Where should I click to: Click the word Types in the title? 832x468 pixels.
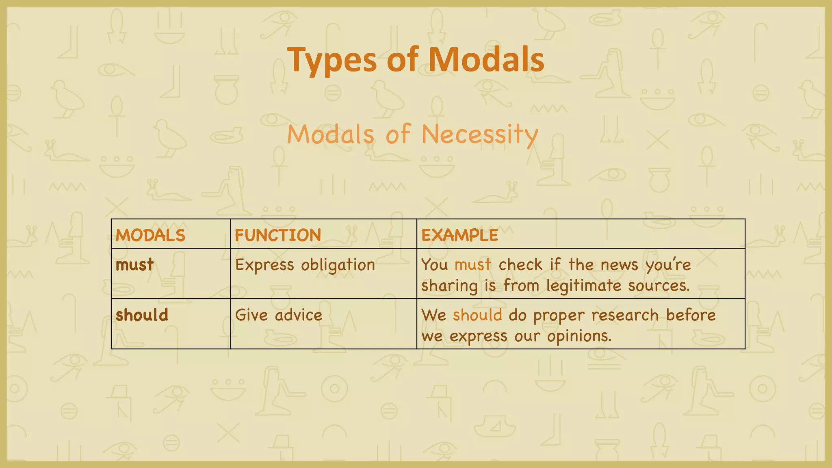tap(331, 60)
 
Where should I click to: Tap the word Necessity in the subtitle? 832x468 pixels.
tap(480, 134)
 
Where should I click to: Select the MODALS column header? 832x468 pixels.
tap(150, 236)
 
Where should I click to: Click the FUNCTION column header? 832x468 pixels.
tap(278, 236)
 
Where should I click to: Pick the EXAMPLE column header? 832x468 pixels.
tap(459, 236)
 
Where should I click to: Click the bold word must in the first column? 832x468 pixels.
tap(134, 265)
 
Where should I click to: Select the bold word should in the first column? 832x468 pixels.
tap(142, 315)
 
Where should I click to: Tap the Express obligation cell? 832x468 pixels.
tap(305, 265)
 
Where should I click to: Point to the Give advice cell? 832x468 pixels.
tap(279, 315)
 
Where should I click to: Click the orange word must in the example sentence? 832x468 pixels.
tap(473, 265)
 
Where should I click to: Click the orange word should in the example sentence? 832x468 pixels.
tap(477, 315)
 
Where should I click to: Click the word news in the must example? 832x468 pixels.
tap(620, 265)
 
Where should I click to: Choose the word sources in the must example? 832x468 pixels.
tap(659, 286)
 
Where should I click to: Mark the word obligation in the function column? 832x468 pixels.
tap(338, 265)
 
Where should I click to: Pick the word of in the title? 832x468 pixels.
tap(402, 60)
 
